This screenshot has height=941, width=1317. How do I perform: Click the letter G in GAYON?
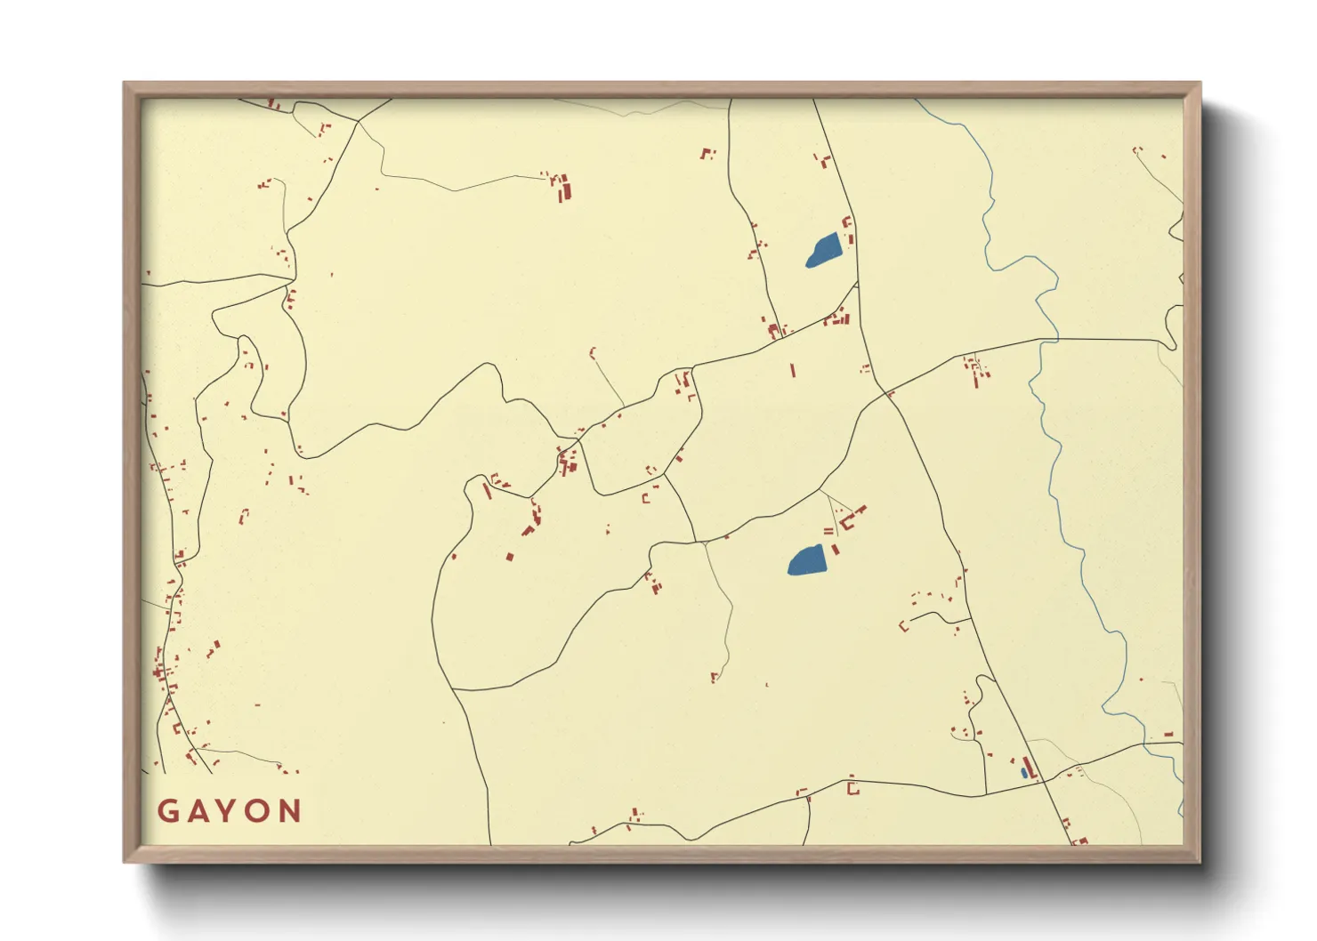167,811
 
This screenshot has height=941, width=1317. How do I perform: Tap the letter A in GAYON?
197,811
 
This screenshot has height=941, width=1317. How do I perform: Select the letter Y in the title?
227,811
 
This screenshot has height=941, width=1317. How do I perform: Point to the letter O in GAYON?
258,811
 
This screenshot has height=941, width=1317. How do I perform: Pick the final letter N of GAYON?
290,811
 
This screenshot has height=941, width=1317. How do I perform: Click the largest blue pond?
807,561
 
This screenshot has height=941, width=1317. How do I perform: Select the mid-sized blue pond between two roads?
824,249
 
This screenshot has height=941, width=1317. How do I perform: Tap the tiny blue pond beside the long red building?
1024,773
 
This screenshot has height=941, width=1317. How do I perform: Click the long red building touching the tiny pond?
1030,768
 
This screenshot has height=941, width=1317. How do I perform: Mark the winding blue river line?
1055,445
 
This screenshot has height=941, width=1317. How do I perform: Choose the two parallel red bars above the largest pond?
828,531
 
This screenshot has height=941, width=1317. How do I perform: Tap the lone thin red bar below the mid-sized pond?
793,370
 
